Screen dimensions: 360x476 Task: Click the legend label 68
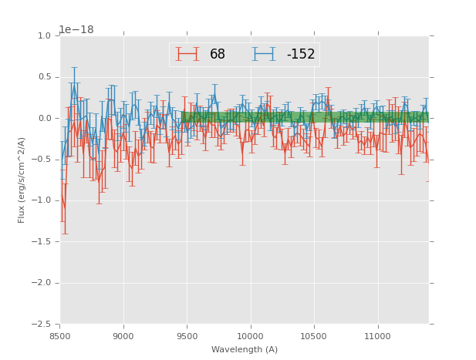coord(218,54)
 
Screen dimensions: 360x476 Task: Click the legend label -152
coord(301,54)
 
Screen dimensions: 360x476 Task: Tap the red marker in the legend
coord(187,54)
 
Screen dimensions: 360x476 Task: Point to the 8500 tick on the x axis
coord(60,336)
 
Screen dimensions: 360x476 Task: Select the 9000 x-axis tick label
coord(123,336)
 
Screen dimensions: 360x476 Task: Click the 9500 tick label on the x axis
coord(187,336)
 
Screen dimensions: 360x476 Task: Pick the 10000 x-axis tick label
coord(251,336)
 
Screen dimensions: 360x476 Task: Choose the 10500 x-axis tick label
coord(314,336)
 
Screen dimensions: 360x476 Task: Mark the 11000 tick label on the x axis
coord(378,336)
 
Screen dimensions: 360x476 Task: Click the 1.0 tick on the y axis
coord(44,36)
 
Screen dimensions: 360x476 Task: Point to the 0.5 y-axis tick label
coord(44,77)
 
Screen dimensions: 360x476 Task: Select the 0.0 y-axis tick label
coord(44,119)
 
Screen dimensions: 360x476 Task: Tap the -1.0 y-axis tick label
coord(42,200)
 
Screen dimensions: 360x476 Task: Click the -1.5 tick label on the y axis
coord(42,242)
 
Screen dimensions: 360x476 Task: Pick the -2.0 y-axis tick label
coord(42,283)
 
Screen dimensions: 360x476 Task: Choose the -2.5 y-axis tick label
coord(42,324)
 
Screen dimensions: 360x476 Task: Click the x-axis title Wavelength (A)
coord(245,349)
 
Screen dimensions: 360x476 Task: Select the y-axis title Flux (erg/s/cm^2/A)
coord(22,180)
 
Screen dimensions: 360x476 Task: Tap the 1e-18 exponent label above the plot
coord(76,29)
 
